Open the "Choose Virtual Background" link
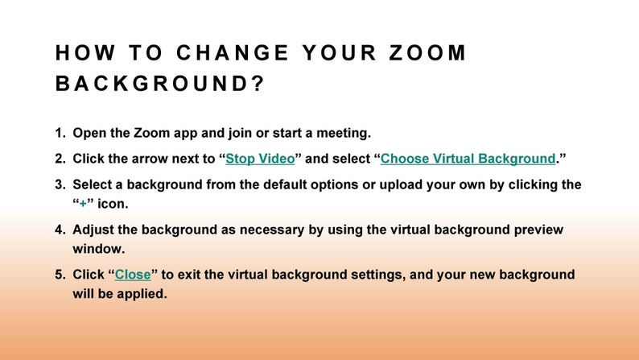468,159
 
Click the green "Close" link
133,275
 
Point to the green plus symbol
82,204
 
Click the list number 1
60,133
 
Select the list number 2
60,159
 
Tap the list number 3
60,184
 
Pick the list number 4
60,230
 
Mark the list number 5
60,275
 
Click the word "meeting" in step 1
341,133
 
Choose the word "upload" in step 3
394,184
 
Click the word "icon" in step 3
112,204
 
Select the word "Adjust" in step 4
94,230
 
